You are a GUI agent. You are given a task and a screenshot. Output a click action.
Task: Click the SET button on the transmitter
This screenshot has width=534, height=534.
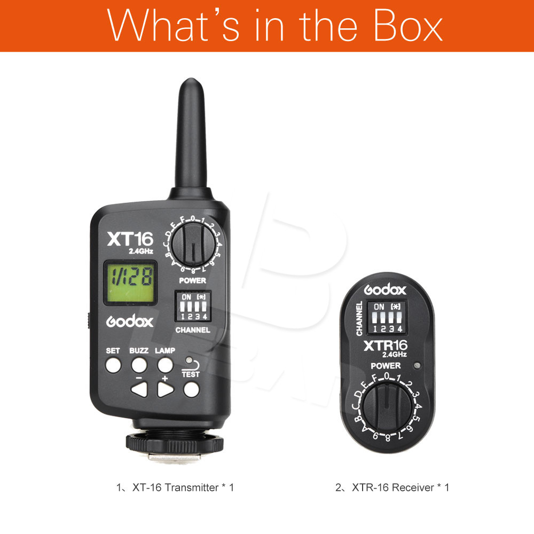[x=113, y=365]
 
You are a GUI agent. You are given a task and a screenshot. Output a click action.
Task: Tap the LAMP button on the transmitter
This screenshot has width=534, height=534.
[x=165, y=365]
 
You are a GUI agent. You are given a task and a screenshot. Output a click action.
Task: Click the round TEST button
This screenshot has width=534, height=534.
[x=191, y=389]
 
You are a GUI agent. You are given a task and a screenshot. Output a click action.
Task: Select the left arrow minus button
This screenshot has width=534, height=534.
[x=139, y=389]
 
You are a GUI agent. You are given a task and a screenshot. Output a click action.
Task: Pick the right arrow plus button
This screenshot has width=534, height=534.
[x=166, y=389]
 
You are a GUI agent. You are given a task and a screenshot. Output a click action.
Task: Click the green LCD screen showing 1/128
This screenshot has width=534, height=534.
[x=130, y=282]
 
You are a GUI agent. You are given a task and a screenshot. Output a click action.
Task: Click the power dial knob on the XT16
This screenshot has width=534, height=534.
[x=193, y=244]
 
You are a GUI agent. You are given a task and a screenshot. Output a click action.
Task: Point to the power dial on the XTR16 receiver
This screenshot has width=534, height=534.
[x=387, y=407]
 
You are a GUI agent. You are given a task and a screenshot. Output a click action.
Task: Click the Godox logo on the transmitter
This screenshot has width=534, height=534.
[x=130, y=321]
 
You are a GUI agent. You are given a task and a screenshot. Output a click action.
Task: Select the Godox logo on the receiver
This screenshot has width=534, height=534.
[x=385, y=290]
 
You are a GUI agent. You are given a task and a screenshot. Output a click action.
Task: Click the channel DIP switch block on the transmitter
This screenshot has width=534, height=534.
[x=193, y=306]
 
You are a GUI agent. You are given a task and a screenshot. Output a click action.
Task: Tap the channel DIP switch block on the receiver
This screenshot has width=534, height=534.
[x=387, y=317]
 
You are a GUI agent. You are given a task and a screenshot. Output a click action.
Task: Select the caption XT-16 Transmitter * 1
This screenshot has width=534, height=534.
[x=175, y=488]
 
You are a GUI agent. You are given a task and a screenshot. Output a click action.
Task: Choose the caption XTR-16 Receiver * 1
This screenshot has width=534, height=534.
[x=392, y=488]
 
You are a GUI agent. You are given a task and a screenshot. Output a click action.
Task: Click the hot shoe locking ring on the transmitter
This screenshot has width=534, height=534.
[x=175, y=443]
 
